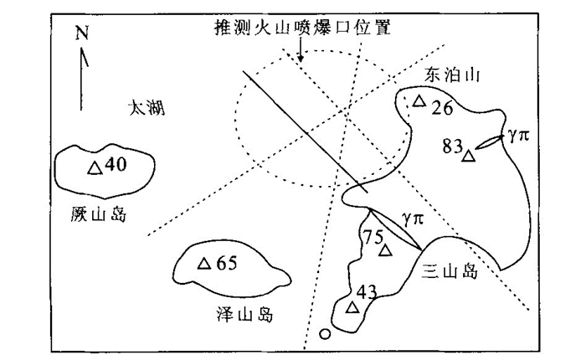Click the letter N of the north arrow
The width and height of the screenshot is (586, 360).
81,33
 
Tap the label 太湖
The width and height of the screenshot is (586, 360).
146,106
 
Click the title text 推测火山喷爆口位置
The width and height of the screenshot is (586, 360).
303,28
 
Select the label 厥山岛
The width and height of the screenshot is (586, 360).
99,215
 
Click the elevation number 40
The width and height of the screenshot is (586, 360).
116,165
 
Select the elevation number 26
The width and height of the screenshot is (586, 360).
441,107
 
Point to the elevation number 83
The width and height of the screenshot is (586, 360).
453,147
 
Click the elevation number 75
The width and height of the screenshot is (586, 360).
373,236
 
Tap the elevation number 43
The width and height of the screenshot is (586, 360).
367,292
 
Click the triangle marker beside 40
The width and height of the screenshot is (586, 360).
95,167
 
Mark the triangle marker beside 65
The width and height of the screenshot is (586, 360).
203,264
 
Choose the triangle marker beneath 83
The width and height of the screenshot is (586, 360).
468,156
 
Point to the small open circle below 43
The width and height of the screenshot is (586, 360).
325,336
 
